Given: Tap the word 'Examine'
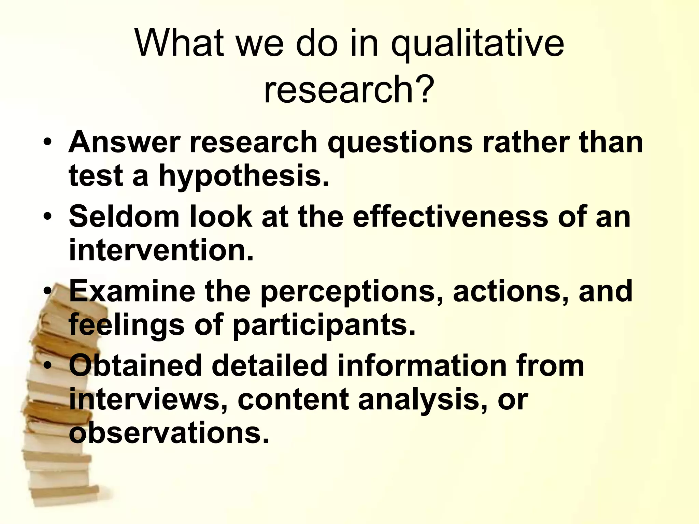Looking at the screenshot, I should click(132, 291).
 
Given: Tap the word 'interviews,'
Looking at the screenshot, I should click(148, 399).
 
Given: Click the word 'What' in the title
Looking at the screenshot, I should click(180, 44).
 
